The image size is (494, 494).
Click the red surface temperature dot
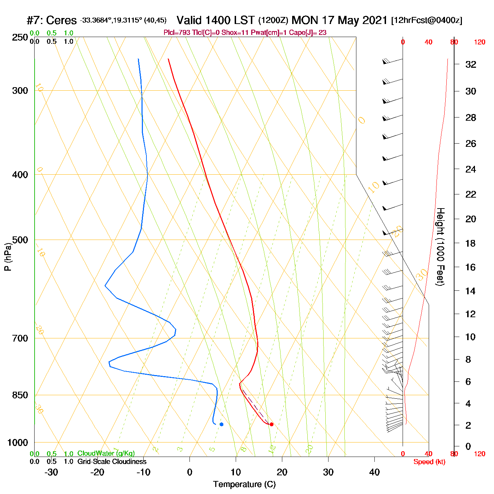pos(271,424)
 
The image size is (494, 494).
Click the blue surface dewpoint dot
pos(222,424)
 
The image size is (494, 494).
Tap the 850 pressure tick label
pos(20,395)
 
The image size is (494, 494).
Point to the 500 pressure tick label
pos(20,240)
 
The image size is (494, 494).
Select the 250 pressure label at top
pos(20,37)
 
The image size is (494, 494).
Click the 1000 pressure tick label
pos(18,442)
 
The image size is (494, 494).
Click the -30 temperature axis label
pos(51,472)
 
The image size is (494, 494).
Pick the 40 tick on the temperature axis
pos(374,472)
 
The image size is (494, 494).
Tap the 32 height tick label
pos(471,65)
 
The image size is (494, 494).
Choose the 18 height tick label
pos(470,243)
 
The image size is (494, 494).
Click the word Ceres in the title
pos(61,20)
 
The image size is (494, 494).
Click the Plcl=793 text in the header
pos(177,33)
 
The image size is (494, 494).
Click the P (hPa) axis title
pos(8,257)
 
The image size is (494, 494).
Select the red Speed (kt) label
pos(429,462)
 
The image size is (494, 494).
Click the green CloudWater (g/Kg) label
pos(106,453)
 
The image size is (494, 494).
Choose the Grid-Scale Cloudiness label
pos(112,462)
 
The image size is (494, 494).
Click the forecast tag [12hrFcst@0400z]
pos(427,20)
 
